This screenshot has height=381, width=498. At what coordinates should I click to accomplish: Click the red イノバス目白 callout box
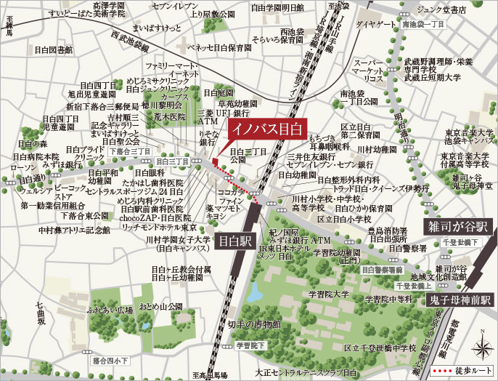[x=266, y=127]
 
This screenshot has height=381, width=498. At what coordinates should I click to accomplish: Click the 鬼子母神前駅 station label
[x=460, y=299]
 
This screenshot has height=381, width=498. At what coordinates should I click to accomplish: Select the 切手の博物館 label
[x=253, y=324]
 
